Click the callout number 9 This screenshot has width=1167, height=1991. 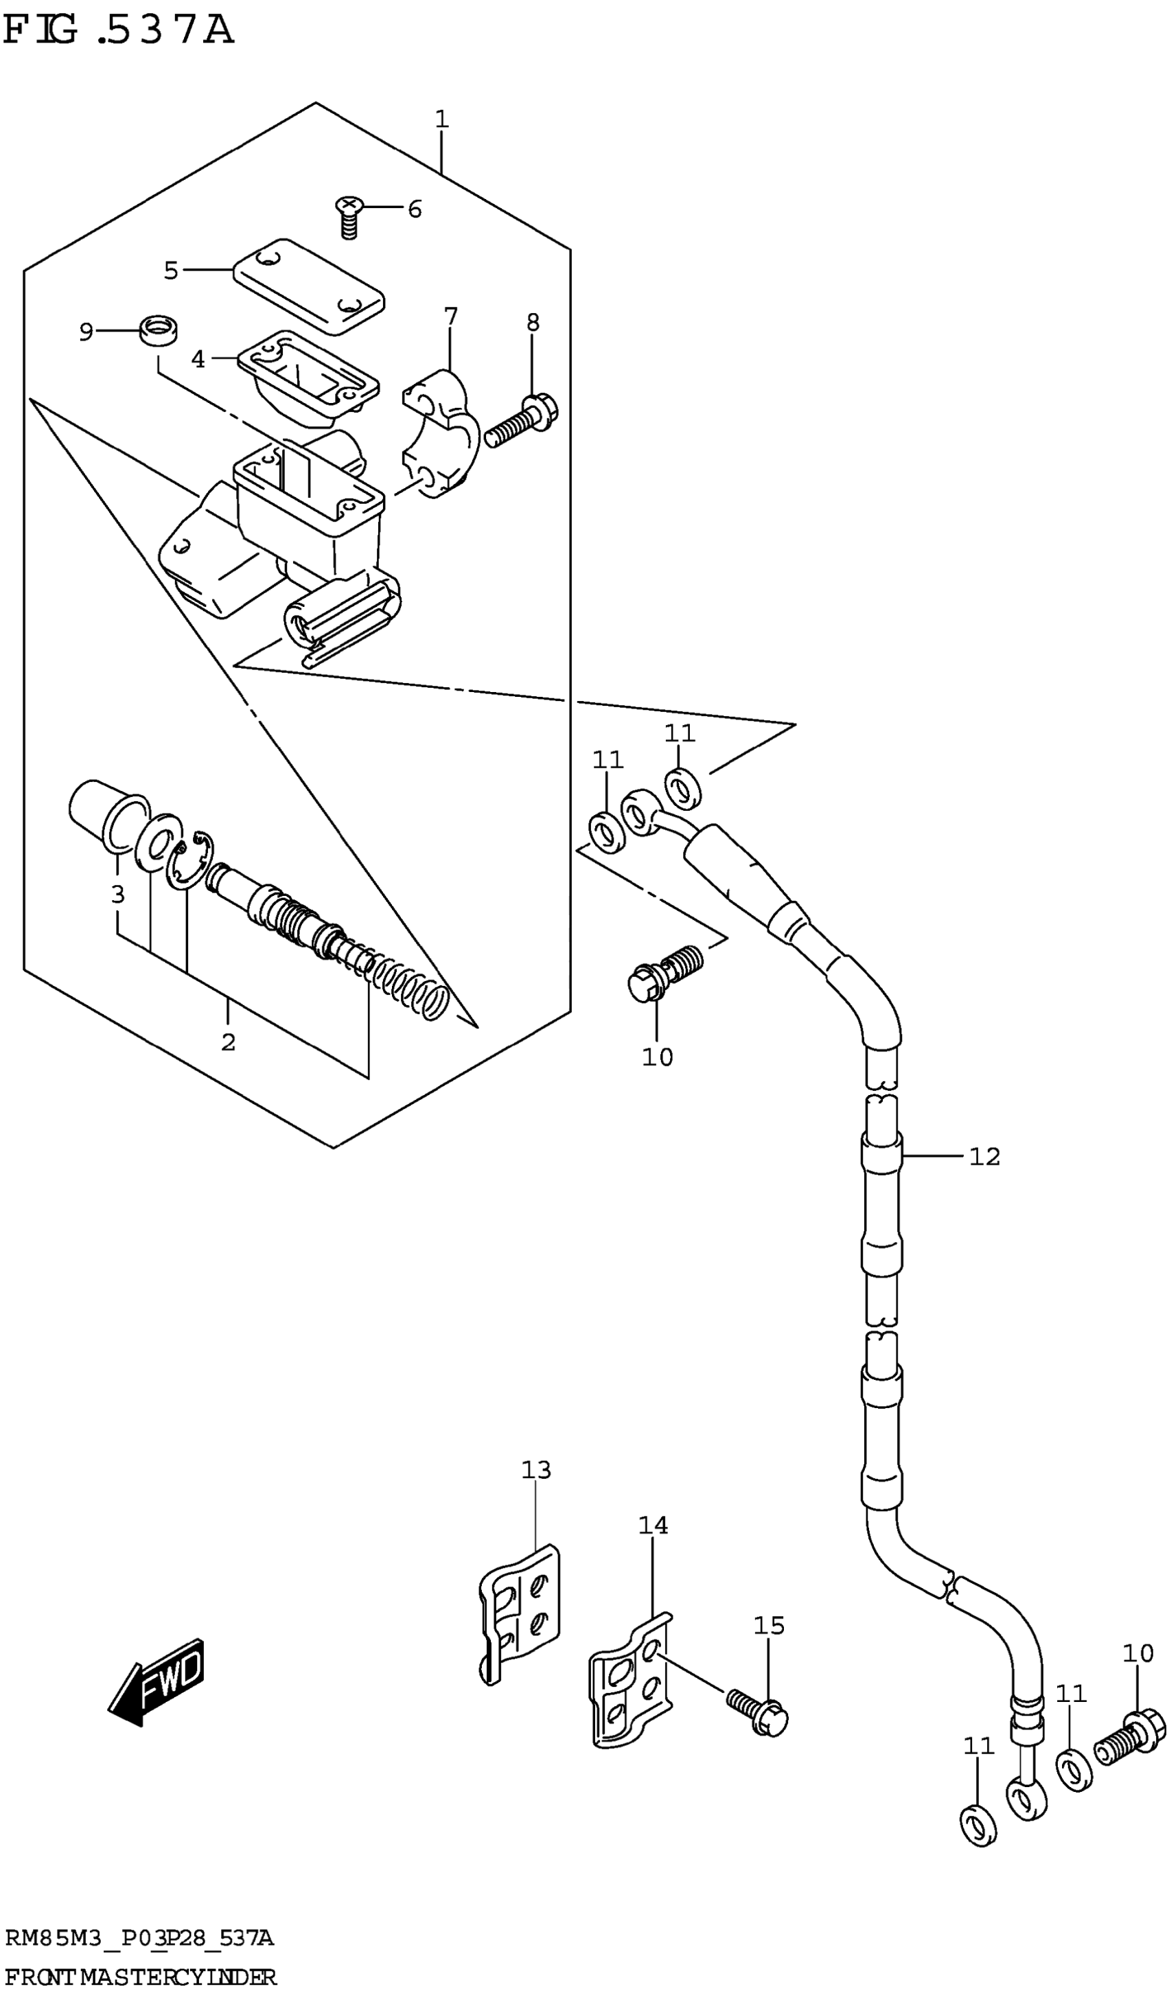[86, 332]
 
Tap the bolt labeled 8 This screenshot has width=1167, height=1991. [522, 420]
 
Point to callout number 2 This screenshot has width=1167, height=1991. [229, 1042]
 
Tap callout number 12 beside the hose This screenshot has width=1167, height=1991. [984, 1157]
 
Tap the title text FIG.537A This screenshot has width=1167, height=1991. [119, 30]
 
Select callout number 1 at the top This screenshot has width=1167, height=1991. [441, 119]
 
